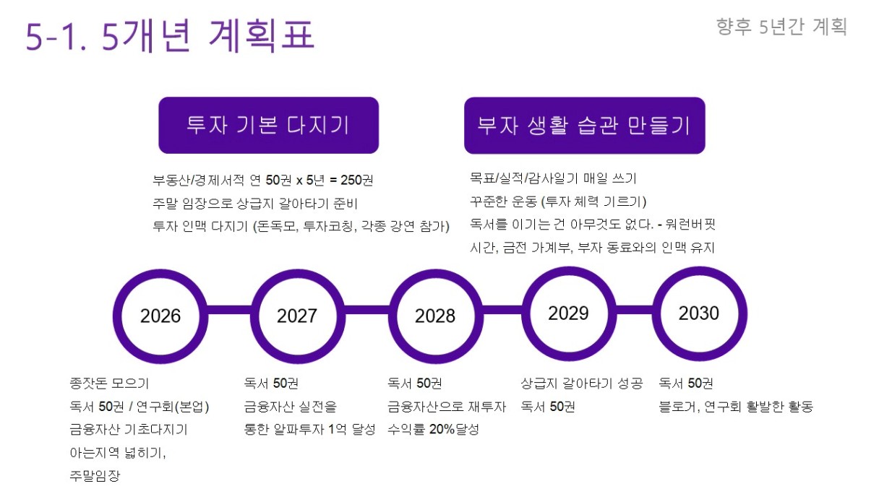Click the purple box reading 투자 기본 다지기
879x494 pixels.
(268, 125)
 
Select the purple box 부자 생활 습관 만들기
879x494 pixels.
(584, 126)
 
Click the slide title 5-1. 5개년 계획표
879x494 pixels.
(170, 35)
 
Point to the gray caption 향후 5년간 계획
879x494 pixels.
(781, 27)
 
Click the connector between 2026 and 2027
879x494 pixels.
(229, 310)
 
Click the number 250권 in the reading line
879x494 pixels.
(356, 180)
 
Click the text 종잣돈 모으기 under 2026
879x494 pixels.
(109, 383)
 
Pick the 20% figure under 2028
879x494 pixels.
(442, 429)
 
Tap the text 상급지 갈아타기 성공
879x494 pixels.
(582, 383)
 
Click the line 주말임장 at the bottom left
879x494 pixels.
(95, 475)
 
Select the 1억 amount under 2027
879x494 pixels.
(337, 429)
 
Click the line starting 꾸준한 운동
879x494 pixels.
(558, 201)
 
